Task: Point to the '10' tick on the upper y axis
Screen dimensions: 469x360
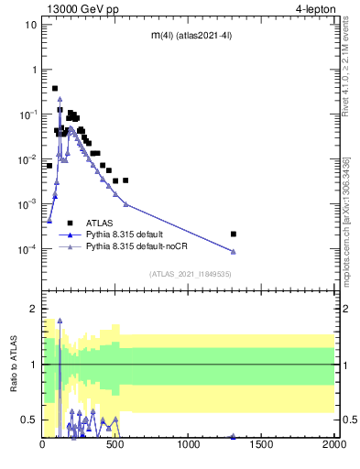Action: coord(31,25)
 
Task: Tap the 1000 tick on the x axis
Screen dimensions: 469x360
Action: coord(190,444)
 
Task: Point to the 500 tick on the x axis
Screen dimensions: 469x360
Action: coord(116,444)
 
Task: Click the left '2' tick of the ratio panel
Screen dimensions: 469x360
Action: coord(34,309)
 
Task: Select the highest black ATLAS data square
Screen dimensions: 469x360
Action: coord(55,89)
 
